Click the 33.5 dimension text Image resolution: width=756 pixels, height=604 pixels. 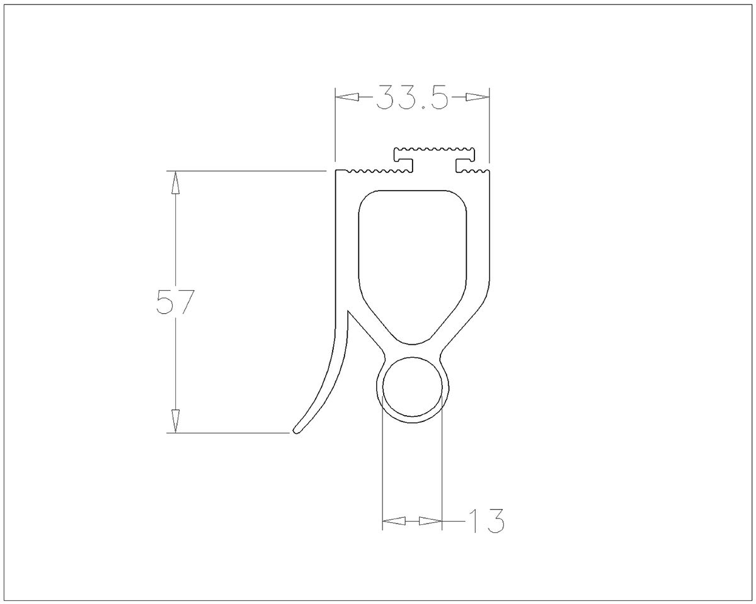click(x=412, y=97)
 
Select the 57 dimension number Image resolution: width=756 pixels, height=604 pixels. click(x=175, y=301)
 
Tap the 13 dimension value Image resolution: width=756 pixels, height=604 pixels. click(x=486, y=520)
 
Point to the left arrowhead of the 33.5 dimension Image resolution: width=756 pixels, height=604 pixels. click(x=347, y=98)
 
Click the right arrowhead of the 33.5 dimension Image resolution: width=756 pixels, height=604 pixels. click(x=478, y=98)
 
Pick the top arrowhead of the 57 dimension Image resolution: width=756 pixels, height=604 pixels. click(x=175, y=182)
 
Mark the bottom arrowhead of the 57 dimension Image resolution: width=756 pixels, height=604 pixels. click(x=175, y=421)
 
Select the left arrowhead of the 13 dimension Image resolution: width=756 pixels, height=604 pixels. click(x=394, y=521)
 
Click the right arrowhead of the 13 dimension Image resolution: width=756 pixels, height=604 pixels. click(x=430, y=521)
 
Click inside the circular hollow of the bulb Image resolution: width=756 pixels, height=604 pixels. click(x=412, y=387)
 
